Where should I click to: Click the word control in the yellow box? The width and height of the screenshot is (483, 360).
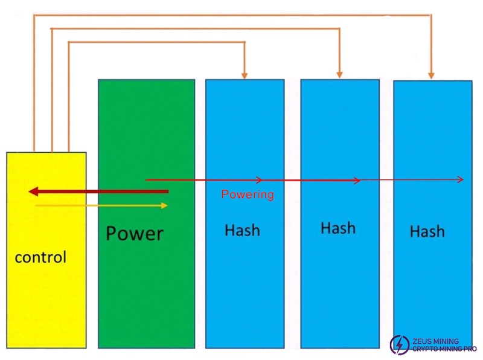(40, 257)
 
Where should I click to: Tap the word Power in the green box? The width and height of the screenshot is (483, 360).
(134, 233)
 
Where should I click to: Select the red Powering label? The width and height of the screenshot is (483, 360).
(248, 194)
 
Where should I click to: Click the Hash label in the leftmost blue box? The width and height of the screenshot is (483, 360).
(242, 230)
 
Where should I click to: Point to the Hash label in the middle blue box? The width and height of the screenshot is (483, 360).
(337, 228)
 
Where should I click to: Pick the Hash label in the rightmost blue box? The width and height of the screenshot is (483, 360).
(427, 231)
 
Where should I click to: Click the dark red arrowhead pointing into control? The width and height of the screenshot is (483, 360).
(34, 192)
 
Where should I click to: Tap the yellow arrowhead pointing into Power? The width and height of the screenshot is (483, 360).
(164, 206)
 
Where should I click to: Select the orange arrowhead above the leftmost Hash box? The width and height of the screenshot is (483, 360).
(245, 74)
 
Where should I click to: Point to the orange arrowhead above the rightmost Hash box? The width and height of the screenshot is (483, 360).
(431, 75)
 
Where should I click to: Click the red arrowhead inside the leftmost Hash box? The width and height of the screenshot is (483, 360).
(259, 179)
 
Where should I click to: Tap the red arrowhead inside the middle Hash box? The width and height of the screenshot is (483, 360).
(357, 180)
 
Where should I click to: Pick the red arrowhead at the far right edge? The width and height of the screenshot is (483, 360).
(461, 179)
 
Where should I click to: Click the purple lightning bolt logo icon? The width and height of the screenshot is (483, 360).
(399, 345)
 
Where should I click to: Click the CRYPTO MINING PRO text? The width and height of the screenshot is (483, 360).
(444, 349)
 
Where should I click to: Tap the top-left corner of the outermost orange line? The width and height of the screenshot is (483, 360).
(34, 15)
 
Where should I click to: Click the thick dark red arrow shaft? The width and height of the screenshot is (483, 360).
(103, 192)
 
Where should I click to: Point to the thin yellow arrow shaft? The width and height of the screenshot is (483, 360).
(97, 206)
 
